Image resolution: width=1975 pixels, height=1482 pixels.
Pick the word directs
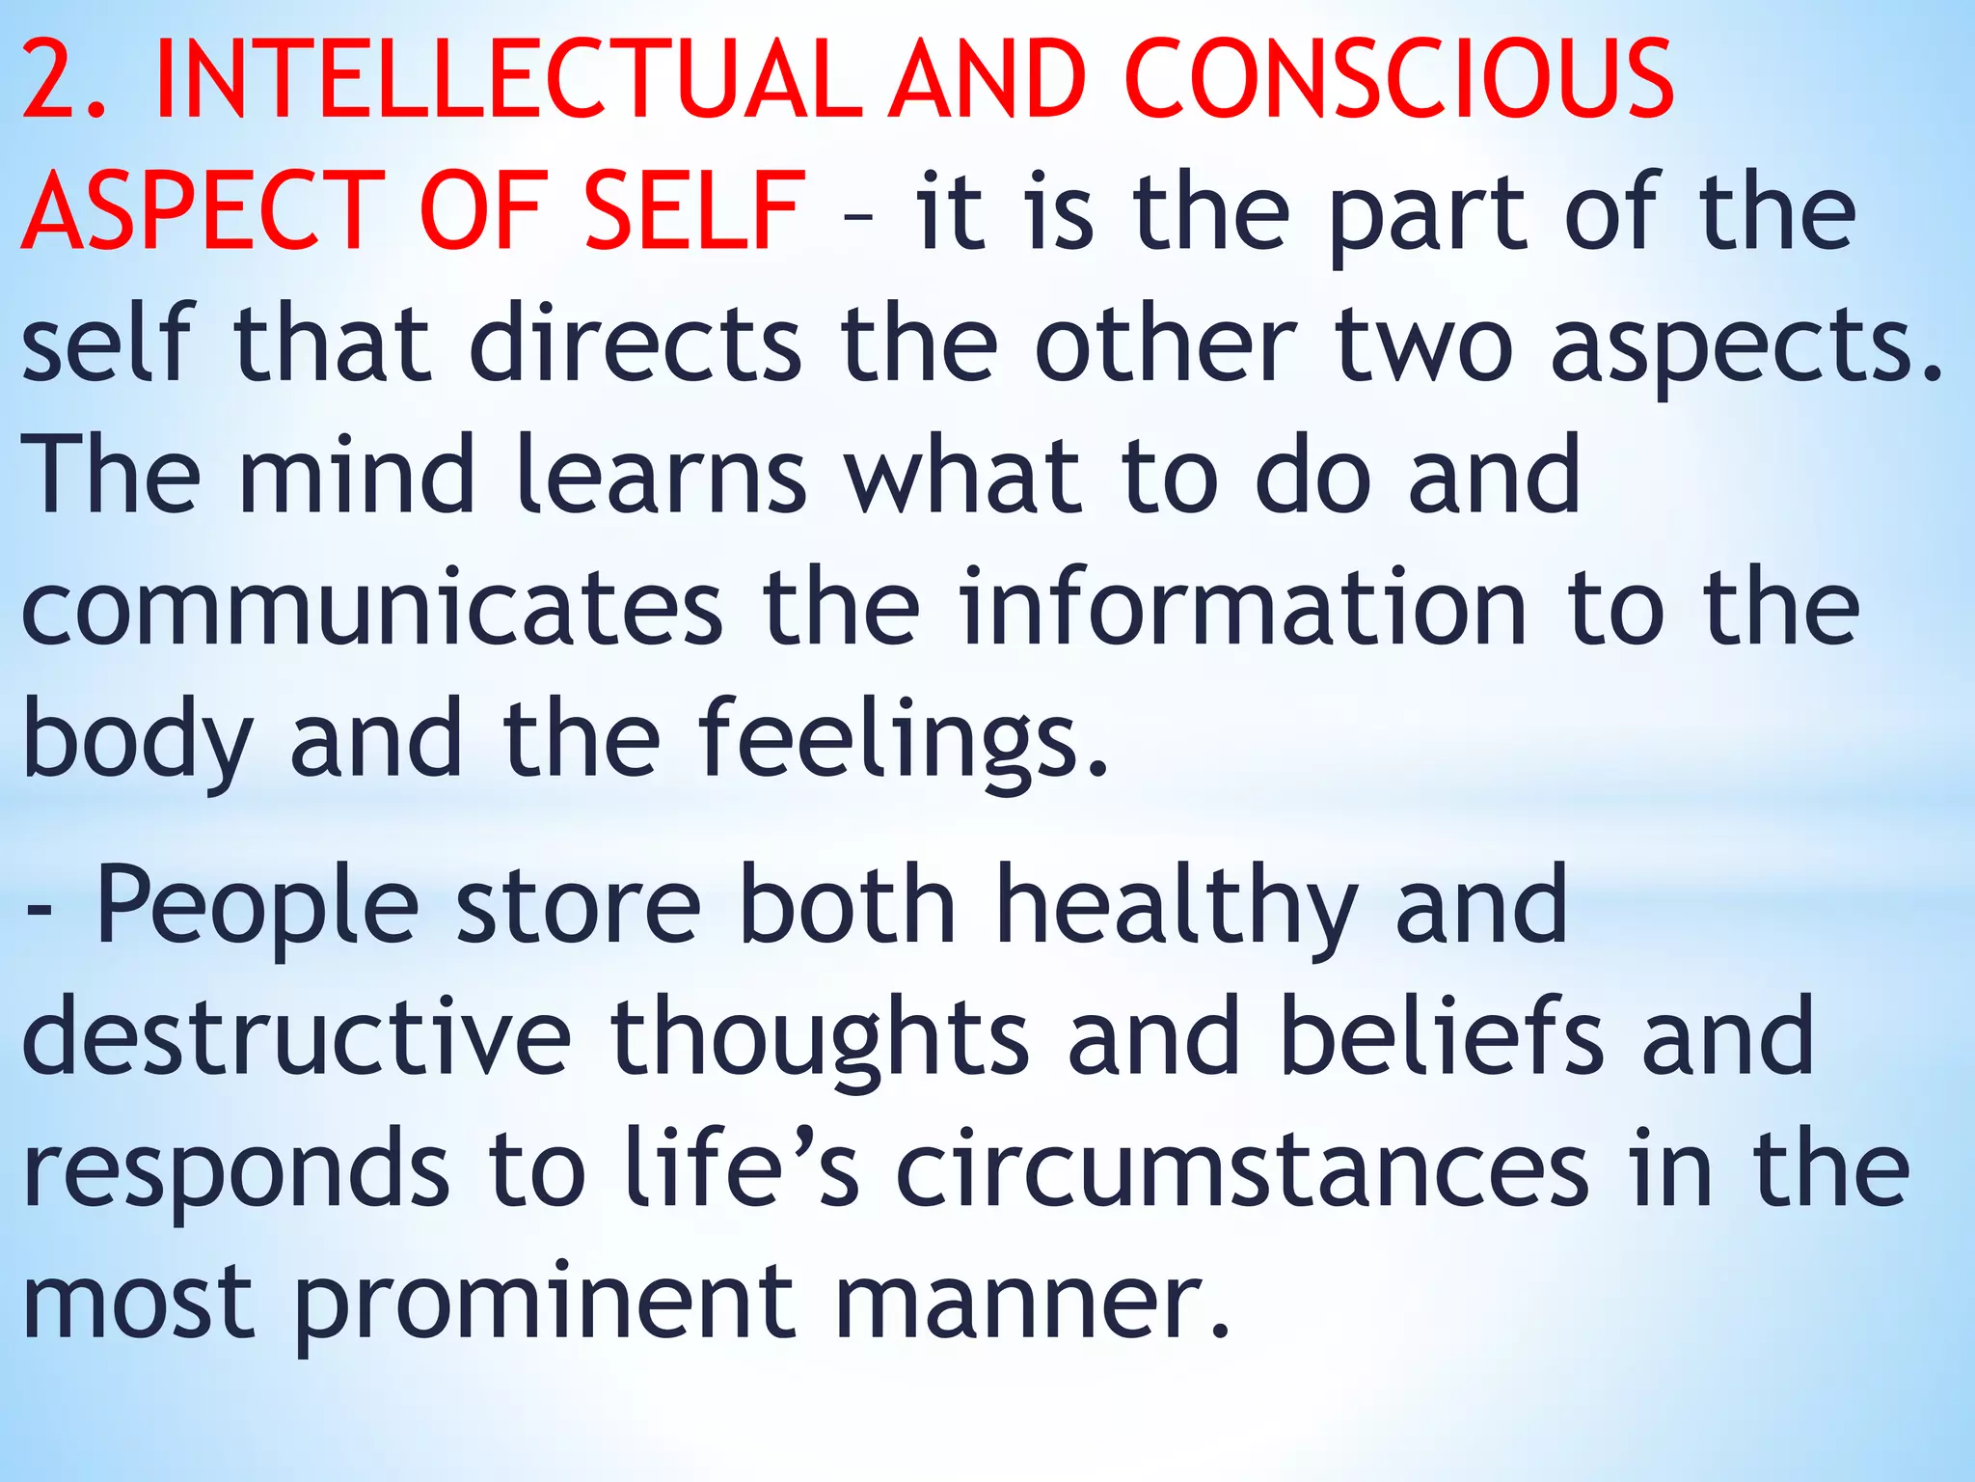(636, 343)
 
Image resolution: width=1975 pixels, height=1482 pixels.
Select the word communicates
(371, 608)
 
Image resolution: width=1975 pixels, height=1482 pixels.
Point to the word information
(1243, 608)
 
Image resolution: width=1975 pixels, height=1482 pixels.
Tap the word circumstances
(1243, 1171)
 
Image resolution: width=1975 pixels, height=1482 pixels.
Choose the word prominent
(546, 1303)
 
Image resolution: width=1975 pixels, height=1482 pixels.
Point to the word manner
(1031, 1303)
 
